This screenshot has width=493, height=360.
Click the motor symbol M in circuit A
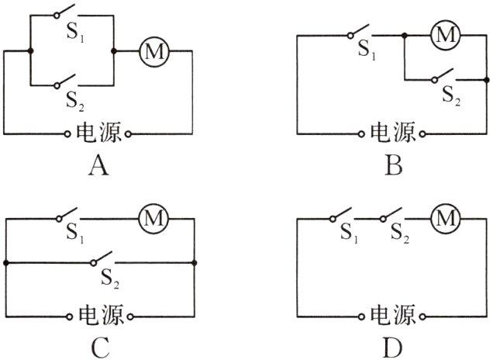coord(153,51)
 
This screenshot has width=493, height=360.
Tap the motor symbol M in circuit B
coord(444,35)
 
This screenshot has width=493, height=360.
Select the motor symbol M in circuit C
coord(152,220)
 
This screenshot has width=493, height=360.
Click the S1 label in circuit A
coord(73,36)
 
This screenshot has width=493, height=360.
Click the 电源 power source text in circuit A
coord(98,133)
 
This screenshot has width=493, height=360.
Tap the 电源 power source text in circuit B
coord(391,133)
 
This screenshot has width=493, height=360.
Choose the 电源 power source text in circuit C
coord(98,316)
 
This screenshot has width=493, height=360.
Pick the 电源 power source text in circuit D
coord(391,316)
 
